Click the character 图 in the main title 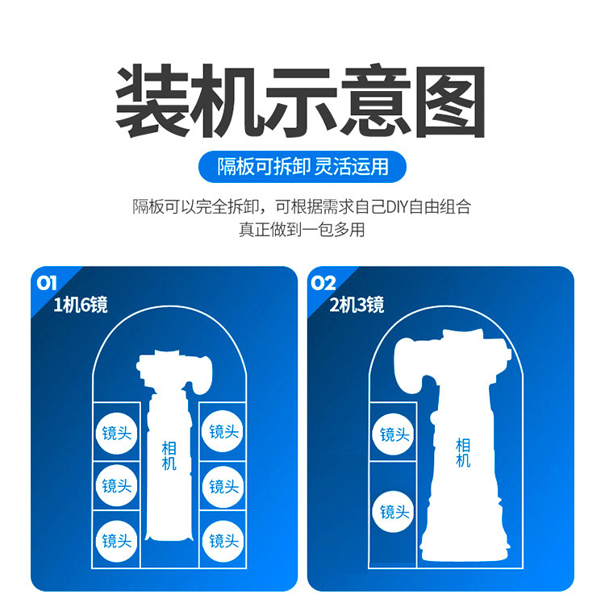click(x=450, y=102)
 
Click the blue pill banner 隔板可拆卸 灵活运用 click(x=302, y=167)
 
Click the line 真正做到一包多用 click(x=302, y=229)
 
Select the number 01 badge click(x=46, y=283)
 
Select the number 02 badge click(x=323, y=283)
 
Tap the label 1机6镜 click(x=81, y=305)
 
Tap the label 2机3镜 click(x=357, y=305)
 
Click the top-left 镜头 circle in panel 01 click(x=117, y=434)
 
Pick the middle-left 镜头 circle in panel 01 click(x=117, y=486)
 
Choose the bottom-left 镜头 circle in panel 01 click(x=117, y=542)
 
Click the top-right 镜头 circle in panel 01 click(x=223, y=431)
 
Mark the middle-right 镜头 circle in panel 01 click(x=223, y=487)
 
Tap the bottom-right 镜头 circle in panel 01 click(x=223, y=542)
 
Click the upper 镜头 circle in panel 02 click(x=394, y=434)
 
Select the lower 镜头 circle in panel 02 click(x=394, y=512)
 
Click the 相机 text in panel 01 click(x=169, y=455)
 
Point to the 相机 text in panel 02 click(x=463, y=453)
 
